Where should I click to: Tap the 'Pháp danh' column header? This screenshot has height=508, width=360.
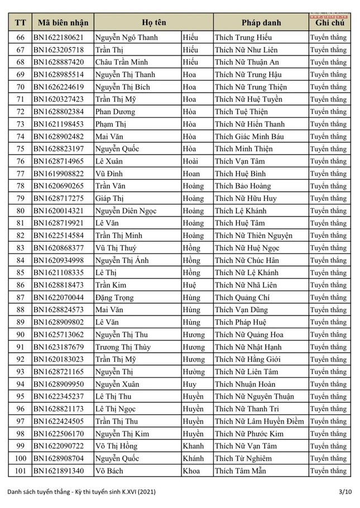tap(261, 23)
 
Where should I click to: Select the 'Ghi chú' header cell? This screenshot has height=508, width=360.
tap(329, 23)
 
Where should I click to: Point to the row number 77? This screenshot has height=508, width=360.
tap(21, 174)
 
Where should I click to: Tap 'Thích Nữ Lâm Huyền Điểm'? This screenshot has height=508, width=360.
tap(260, 421)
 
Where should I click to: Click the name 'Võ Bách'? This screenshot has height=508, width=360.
tap(110, 471)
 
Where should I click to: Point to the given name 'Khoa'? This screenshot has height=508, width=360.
tap(191, 471)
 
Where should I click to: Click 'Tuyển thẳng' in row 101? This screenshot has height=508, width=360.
tap(328, 471)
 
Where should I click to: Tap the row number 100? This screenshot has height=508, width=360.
tap(21, 458)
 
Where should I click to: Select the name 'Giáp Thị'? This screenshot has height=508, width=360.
tap(109, 198)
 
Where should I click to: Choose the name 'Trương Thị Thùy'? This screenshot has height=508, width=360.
tap(123, 347)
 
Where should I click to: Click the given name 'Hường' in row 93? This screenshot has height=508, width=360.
tap(193, 372)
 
